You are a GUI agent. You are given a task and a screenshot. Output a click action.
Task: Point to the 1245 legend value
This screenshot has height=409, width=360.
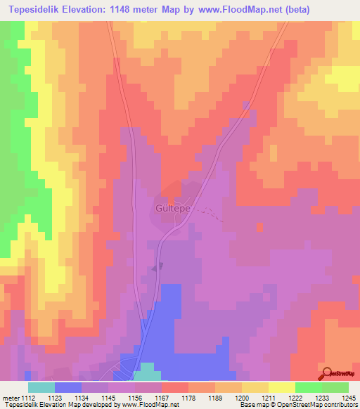348,397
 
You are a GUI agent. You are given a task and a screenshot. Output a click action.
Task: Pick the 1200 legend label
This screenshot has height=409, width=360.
242,397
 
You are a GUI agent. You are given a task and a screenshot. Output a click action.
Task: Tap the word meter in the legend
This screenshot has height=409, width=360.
9,397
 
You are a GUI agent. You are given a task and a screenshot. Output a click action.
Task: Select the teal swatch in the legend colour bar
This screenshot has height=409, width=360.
41,387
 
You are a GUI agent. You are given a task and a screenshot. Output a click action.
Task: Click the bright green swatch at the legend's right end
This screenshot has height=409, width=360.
335,387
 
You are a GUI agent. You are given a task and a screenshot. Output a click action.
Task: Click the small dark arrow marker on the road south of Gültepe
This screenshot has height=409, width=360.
160,266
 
